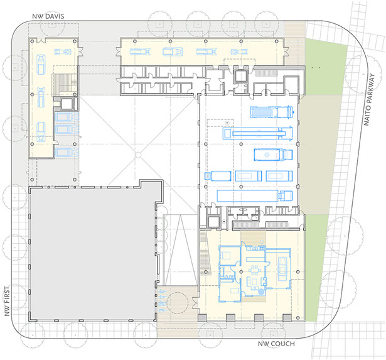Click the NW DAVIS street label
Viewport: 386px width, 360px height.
(x=48, y=16)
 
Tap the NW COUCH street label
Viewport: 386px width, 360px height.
(x=276, y=344)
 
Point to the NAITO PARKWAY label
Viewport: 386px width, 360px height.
(x=369, y=99)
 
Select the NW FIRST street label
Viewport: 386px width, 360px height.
(x=7, y=301)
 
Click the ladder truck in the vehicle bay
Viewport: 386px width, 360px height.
(x=258, y=133)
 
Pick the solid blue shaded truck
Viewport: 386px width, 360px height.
(x=272, y=112)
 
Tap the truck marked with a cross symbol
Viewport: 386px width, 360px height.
(x=273, y=155)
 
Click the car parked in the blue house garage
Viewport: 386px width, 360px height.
(x=282, y=269)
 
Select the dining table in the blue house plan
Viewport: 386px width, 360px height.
(x=255, y=271)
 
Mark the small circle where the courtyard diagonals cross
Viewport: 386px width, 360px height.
(x=138, y=155)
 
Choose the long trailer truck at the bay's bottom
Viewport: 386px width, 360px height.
(x=255, y=195)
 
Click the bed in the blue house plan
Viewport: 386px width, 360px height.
(x=225, y=255)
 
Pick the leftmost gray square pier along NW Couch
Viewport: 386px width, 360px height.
(x=202, y=318)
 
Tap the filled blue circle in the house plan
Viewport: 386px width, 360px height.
(x=261, y=292)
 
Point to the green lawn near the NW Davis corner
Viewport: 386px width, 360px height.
(x=326, y=67)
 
